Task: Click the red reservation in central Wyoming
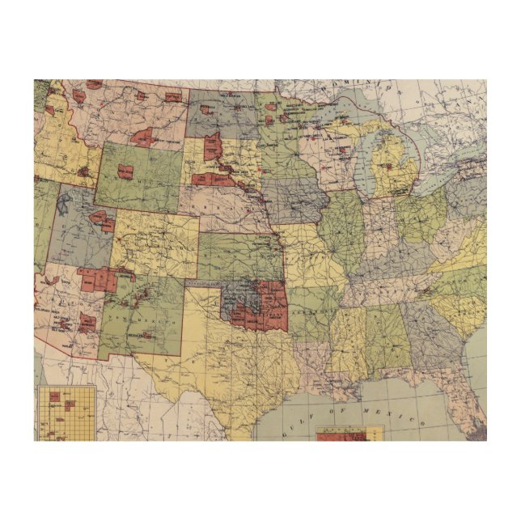click(126, 171)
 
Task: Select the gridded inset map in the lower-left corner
click(65, 413)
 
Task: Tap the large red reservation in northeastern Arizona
click(99, 279)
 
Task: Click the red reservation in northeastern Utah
click(103, 219)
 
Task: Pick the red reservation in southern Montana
click(146, 136)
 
